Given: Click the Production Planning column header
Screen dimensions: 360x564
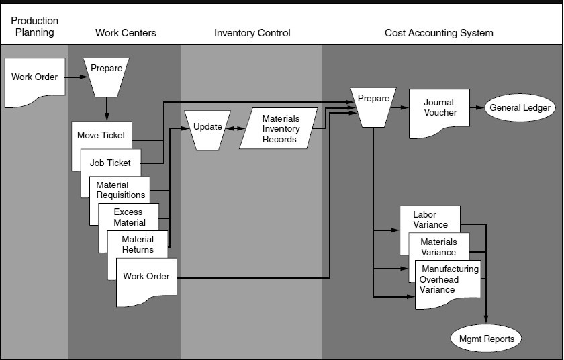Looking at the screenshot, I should pyautogui.click(x=34, y=27).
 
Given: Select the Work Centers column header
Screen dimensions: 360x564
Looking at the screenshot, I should pyautogui.click(x=126, y=33).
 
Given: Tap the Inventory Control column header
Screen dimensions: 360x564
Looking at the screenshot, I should pyautogui.click(x=252, y=33).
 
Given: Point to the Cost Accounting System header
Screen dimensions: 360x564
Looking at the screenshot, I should pyautogui.click(x=438, y=33).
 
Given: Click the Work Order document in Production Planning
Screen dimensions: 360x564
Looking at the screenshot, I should pyautogui.click(x=34, y=78).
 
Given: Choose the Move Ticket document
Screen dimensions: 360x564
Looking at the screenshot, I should pyautogui.click(x=101, y=136).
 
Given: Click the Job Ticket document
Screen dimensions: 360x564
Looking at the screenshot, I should pyautogui.click(x=110, y=163).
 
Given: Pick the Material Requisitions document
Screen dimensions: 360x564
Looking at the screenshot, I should pyautogui.click(x=120, y=190).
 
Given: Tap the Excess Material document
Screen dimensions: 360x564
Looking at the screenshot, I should pyautogui.click(x=128, y=217).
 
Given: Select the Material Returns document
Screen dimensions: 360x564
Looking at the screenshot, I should pyautogui.click(x=138, y=244).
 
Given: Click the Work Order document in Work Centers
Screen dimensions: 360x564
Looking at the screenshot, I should pyautogui.click(x=146, y=276).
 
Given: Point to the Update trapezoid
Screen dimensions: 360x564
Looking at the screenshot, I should pyautogui.click(x=207, y=127).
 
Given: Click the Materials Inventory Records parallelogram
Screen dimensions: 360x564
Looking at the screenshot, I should pyautogui.click(x=280, y=129).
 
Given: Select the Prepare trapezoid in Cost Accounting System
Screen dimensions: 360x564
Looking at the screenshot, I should pyautogui.click(x=373, y=105).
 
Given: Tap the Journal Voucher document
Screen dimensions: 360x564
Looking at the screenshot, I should pyautogui.click(x=439, y=109).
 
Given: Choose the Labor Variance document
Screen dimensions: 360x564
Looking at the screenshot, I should pyautogui.click(x=430, y=220).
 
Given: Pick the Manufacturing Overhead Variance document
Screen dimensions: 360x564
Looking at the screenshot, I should pyautogui.click(x=448, y=280).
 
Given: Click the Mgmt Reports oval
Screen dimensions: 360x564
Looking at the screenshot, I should pyautogui.click(x=486, y=339).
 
